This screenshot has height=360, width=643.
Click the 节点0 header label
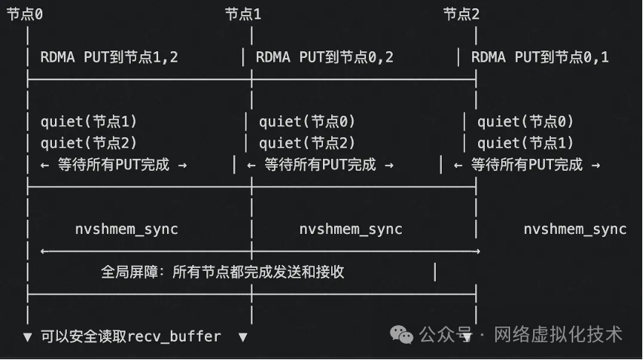point(25,13)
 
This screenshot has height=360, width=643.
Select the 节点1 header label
point(244,13)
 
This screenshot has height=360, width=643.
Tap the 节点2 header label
point(462,13)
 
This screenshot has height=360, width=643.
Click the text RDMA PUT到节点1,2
point(109,57)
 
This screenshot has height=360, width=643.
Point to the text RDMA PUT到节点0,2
point(324,57)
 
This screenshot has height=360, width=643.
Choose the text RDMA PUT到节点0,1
point(540,57)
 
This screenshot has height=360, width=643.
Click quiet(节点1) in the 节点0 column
point(89,122)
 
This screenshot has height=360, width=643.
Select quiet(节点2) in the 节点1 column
point(307,143)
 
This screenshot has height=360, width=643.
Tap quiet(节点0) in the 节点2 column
point(526,122)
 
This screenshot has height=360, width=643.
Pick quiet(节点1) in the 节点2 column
point(526,143)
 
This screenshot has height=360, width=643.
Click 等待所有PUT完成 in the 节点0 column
point(114,165)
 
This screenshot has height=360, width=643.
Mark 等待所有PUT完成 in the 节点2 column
point(526,165)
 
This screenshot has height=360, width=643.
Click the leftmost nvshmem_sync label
point(126,229)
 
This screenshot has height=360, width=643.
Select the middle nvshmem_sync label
point(350,229)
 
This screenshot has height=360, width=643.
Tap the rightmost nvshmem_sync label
point(575,229)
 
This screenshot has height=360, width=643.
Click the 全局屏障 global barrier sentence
point(223,272)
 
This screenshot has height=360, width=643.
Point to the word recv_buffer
point(174,336)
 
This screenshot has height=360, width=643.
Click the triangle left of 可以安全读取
point(27,337)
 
